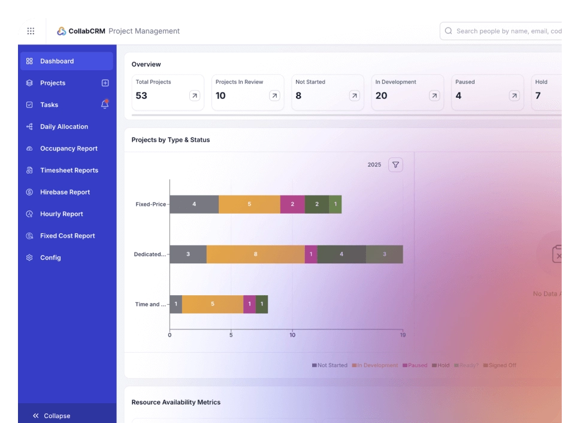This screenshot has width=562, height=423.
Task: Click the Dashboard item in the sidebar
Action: (57, 61)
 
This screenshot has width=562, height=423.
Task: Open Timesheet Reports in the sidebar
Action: (69, 170)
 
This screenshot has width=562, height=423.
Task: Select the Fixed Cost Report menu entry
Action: (67, 236)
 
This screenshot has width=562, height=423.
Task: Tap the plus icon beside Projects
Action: (105, 83)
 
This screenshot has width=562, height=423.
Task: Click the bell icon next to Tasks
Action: (105, 104)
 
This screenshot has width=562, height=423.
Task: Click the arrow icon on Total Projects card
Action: (194, 96)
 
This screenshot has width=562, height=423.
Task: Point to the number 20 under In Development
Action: (381, 96)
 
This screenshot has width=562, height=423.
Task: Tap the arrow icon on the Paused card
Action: (514, 96)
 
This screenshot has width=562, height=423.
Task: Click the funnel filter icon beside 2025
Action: (395, 164)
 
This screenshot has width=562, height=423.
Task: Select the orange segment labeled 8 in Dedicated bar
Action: (255, 254)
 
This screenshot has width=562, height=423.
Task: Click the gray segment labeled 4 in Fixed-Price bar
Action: (194, 204)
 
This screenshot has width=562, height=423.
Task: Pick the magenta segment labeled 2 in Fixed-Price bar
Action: (292, 204)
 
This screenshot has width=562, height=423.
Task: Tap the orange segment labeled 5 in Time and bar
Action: (212, 304)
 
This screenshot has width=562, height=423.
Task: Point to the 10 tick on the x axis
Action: (292, 335)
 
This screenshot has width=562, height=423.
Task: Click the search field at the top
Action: (503, 31)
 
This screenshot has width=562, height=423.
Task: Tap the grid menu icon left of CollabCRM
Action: (31, 31)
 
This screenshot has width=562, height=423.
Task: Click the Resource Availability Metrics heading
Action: (176, 402)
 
